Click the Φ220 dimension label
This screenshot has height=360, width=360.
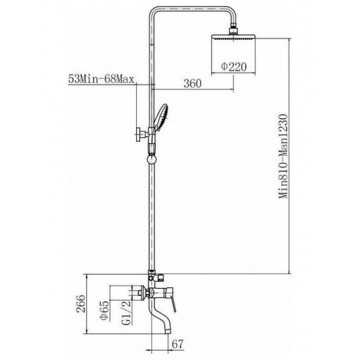233,67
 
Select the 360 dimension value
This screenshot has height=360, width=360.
193,84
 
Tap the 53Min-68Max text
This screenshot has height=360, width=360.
101,78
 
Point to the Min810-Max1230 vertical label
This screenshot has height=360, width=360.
283,156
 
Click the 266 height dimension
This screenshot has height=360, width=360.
81,304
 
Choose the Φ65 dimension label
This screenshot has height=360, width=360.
104,311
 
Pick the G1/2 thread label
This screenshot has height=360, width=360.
126,312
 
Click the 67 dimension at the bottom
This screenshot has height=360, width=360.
178,344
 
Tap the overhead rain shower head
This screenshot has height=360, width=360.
233,38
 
